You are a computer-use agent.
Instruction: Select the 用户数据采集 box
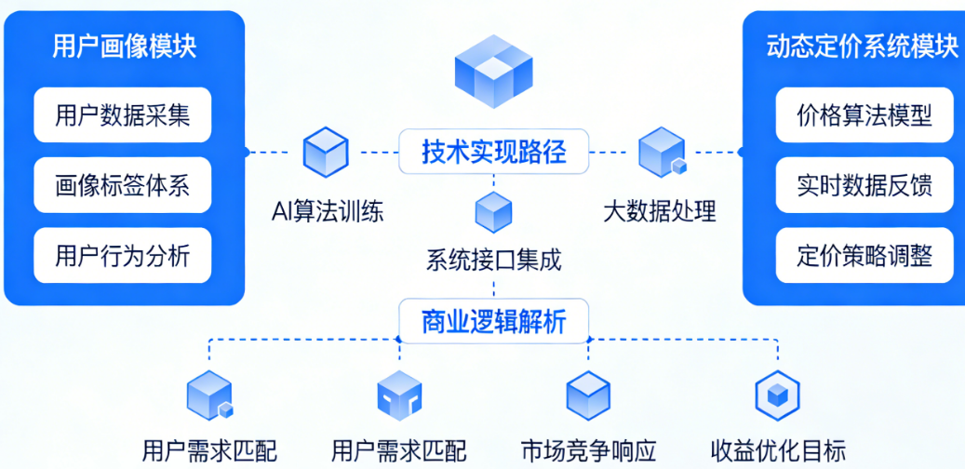pyautogui.click(x=123, y=115)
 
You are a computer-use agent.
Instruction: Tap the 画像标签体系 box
pyautogui.click(x=123, y=184)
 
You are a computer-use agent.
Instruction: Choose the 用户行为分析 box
pyautogui.click(x=123, y=254)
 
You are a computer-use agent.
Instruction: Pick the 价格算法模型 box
pyautogui.click(x=864, y=115)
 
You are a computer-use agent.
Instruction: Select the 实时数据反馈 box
pyautogui.click(x=864, y=184)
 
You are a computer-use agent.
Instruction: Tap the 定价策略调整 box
pyautogui.click(x=864, y=254)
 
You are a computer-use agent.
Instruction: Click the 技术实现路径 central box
pyautogui.click(x=494, y=151)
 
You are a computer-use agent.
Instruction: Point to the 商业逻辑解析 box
pyautogui.click(x=494, y=322)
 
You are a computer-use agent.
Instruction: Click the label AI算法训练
pyautogui.click(x=327, y=211)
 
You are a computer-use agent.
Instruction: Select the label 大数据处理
pyautogui.click(x=660, y=211)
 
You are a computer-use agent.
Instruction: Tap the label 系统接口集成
pyautogui.click(x=494, y=260)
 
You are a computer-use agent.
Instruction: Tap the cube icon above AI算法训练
pyautogui.click(x=326, y=152)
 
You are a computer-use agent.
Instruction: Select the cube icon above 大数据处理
pyautogui.click(x=662, y=153)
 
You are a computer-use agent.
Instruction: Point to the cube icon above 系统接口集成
pyautogui.click(x=493, y=212)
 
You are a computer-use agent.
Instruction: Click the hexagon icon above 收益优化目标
pyautogui.click(x=776, y=395)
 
